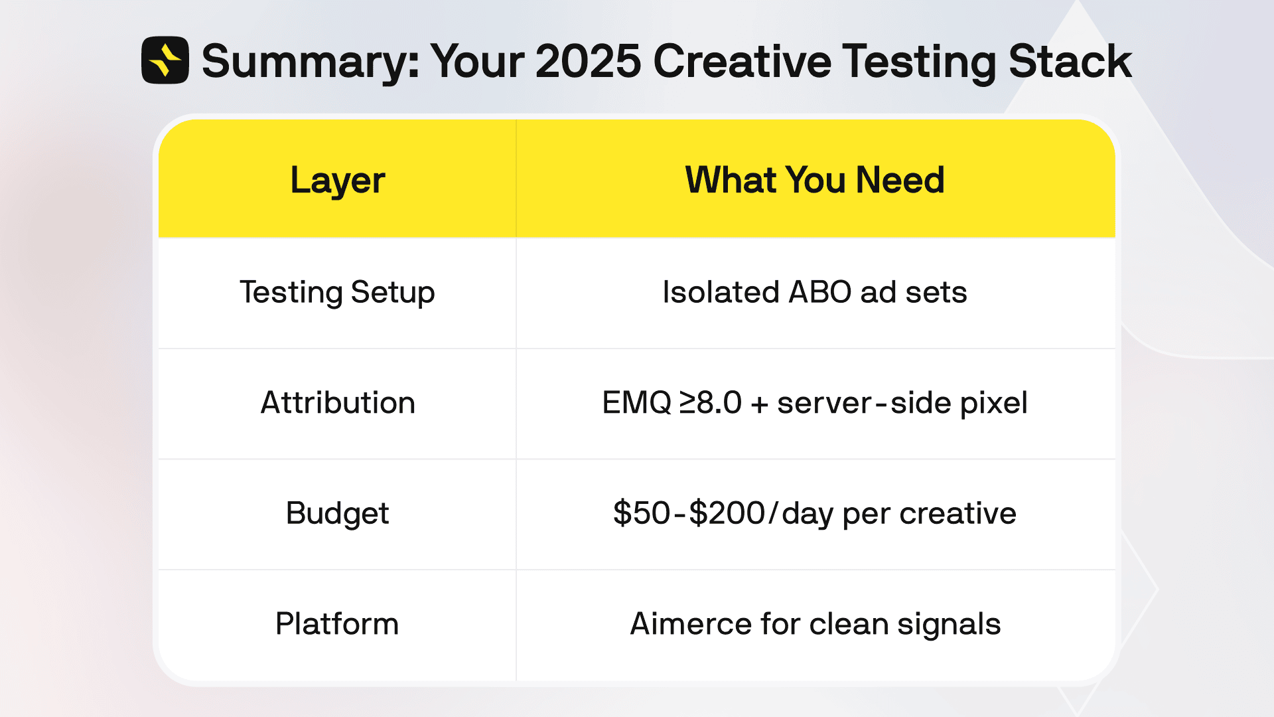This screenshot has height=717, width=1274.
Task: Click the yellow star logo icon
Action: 165,60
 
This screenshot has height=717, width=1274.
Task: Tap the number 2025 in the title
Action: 588,62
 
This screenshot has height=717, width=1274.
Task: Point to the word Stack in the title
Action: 1070,62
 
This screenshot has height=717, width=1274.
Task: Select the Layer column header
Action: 337,181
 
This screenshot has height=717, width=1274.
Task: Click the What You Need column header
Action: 814,181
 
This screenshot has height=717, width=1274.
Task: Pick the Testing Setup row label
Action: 337,293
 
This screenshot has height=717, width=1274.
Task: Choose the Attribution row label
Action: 337,403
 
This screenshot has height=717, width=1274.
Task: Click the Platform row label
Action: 337,624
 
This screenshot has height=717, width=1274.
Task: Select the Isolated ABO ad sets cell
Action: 814,293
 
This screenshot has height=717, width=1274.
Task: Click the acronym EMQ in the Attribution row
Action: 636,403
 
